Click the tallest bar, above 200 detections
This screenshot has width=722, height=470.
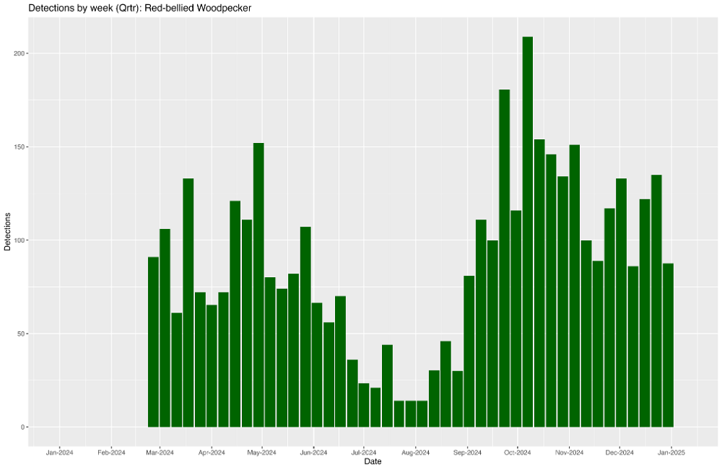(528, 232)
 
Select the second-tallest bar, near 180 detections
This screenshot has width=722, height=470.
(504, 258)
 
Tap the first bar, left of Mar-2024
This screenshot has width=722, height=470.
(153, 342)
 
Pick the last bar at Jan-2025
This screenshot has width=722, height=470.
(668, 345)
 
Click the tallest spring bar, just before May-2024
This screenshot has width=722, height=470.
(258, 285)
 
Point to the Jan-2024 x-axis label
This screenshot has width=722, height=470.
(59, 453)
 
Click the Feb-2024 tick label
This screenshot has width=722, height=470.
(111, 453)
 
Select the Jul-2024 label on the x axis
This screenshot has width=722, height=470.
(363, 453)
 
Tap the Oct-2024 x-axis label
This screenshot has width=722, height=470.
(518, 453)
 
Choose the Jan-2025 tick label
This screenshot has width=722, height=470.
(671, 453)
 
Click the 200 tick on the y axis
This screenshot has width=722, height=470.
(19, 53)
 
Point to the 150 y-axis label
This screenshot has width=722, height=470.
(19, 147)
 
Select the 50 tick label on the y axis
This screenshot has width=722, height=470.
(21, 334)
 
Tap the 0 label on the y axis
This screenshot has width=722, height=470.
(22, 427)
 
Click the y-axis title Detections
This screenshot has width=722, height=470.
(7, 232)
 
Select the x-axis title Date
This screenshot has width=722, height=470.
(373, 462)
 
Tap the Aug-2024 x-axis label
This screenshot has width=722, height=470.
(415, 453)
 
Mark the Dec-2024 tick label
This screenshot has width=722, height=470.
(619, 453)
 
